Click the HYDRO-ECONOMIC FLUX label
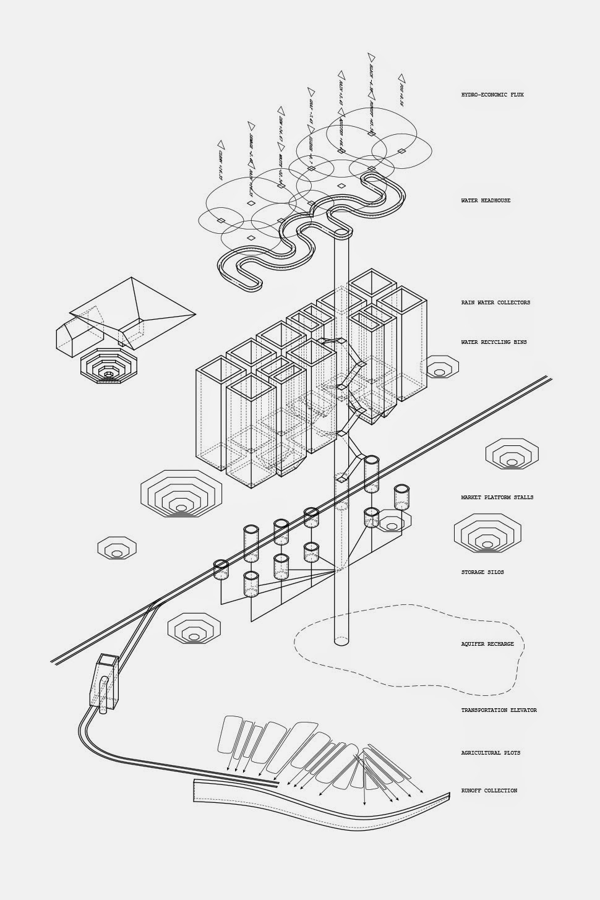point(492,95)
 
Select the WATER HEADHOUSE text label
point(486,200)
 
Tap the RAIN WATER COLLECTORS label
point(495,302)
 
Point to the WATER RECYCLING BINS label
point(494,342)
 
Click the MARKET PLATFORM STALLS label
point(497,497)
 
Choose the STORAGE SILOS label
point(482,572)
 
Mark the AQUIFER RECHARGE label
point(487,644)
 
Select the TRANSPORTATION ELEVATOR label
point(499,710)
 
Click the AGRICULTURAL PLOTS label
point(490,753)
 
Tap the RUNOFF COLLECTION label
point(489,791)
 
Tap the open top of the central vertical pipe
point(341,232)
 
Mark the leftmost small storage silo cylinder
point(221,570)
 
